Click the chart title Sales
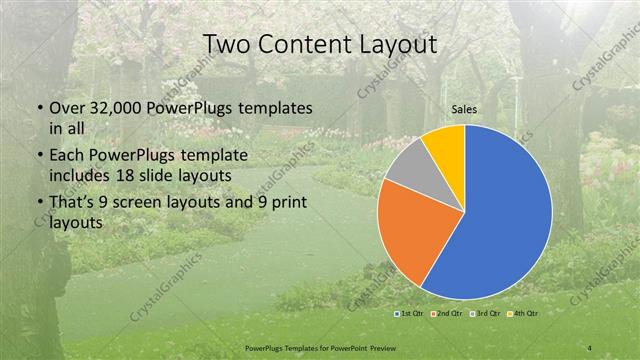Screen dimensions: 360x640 463,110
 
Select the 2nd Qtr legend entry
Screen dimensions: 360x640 448,313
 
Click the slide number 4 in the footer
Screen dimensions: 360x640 590,347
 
